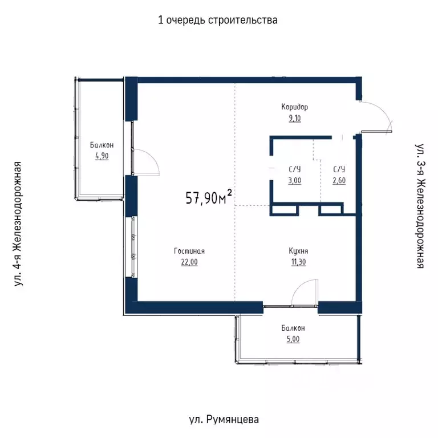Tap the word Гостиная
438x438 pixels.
pos(189,251)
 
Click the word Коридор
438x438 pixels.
pos(294,107)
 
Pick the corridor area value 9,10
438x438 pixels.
pos(294,118)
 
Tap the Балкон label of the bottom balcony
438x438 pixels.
pos(293,328)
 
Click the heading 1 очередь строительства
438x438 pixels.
pos(218,21)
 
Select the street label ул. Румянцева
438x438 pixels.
pos(223,420)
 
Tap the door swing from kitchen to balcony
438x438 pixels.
pos(302,293)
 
